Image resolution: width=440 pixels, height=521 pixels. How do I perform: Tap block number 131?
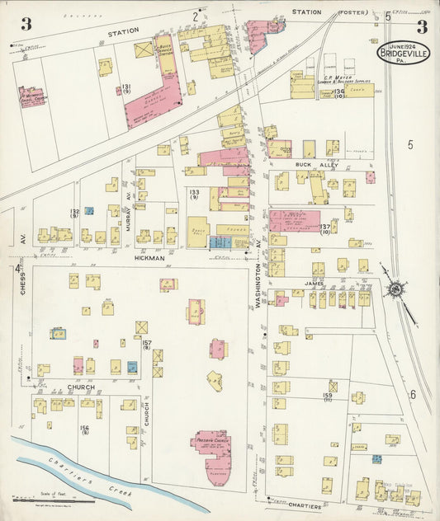[126, 88]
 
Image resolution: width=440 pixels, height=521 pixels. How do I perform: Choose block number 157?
[146, 344]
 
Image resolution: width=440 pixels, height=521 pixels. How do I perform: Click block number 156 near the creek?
[84, 429]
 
